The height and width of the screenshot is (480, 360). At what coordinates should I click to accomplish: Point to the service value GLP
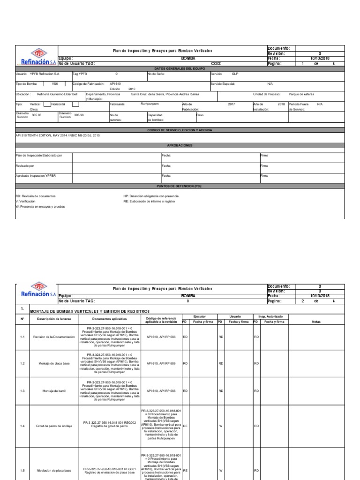(235, 74)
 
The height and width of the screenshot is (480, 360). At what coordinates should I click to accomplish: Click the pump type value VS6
(55, 84)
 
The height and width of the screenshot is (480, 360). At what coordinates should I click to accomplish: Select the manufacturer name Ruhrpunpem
(150, 104)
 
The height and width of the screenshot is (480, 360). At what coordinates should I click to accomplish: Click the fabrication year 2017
(231, 104)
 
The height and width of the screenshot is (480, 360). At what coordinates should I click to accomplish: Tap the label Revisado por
(25, 165)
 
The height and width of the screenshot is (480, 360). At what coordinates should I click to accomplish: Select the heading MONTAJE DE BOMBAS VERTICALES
(89, 311)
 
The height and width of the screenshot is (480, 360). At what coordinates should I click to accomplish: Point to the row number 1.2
(22, 363)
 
